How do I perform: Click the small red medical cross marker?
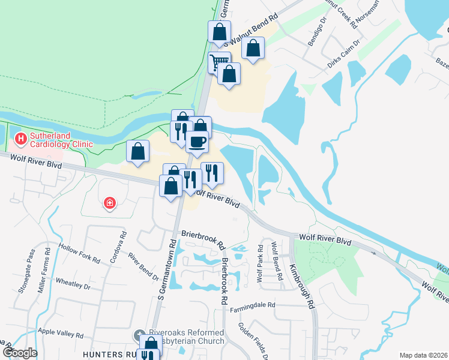[110, 203]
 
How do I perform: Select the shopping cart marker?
[220, 61]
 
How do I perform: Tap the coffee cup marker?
[197, 142]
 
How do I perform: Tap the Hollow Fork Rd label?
[79, 253]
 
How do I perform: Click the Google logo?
[19, 353]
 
